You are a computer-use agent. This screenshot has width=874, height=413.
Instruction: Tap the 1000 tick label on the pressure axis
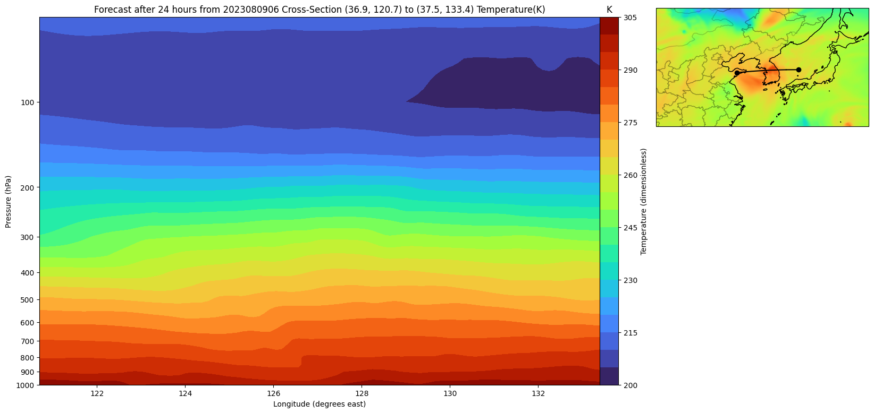click(26, 385)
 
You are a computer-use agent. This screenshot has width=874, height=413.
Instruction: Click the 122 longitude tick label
click(97, 393)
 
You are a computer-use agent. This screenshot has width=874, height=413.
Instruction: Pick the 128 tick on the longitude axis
click(362, 393)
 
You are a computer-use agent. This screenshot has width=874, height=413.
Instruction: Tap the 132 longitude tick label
click(538, 393)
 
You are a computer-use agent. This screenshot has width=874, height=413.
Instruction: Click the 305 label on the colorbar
click(631, 18)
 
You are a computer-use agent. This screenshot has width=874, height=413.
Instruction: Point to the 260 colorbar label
click(631, 175)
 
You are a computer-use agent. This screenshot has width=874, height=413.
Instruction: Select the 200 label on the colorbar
click(631, 385)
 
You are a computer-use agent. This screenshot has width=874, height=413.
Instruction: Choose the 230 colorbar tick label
click(631, 280)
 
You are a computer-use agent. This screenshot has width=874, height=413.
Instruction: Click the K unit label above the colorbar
click(609, 10)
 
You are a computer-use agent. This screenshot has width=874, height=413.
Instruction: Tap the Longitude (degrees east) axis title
click(320, 404)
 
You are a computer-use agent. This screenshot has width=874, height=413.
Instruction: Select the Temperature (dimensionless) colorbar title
click(644, 202)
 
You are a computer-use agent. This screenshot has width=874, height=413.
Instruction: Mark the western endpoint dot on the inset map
click(737, 73)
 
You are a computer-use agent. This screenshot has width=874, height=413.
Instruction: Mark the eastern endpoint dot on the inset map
click(799, 70)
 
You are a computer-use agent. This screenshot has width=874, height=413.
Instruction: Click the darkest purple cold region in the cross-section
click(510, 85)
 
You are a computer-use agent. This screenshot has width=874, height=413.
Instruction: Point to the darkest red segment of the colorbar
click(609, 26)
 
